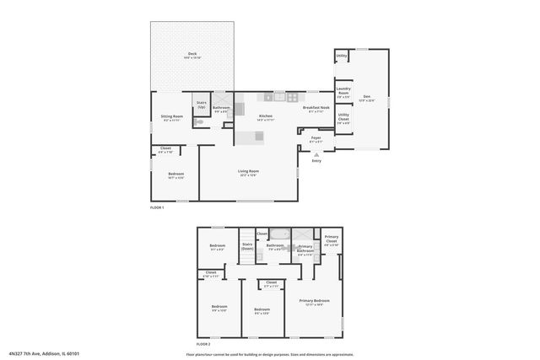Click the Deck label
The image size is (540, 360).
click(x=192, y=56)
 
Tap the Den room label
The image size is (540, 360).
click(x=367, y=97)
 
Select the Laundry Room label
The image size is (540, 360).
click(x=343, y=90)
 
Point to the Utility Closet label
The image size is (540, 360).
click(x=343, y=117)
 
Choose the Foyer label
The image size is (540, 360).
click(x=316, y=139)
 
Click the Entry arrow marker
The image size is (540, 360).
click(x=316, y=155)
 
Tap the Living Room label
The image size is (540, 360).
click(x=248, y=173)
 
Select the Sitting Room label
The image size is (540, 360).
click(x=171, y=118)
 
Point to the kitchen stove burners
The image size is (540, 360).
click(x=291, y=96)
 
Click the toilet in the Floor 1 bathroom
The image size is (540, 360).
click(x=199, y=122)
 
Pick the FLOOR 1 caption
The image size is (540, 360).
click(x=157, y=207)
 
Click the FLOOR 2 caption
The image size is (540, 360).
click(x=202, y=344)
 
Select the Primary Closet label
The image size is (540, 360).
click(x=332, y=239)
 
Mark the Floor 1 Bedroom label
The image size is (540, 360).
click(x=175, y=175)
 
